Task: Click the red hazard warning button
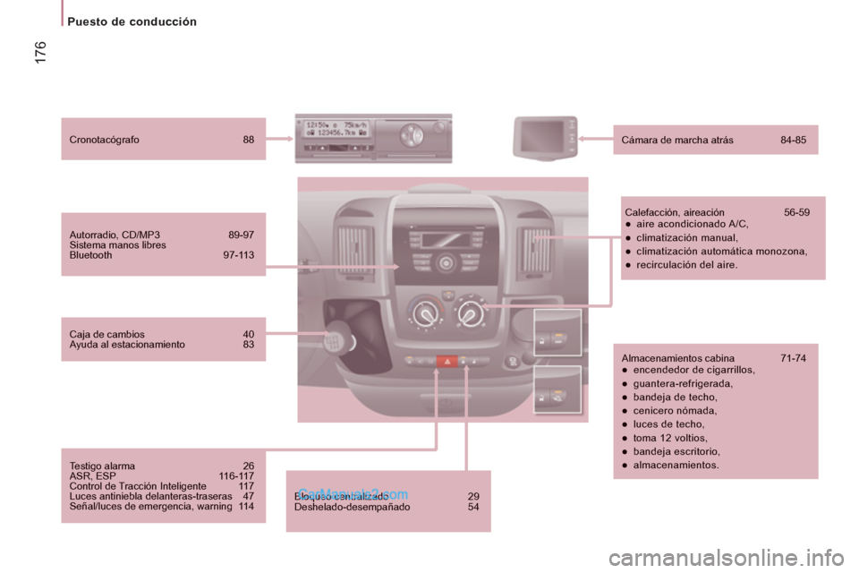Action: tap(446, 362)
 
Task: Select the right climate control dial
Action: tap(469, 312)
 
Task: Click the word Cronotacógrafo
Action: tap(104, 140)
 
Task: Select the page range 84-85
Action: tap(793, 140)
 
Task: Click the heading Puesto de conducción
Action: tap(132, 21)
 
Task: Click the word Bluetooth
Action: tap(90, 255)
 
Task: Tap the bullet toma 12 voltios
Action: tap(670, 438)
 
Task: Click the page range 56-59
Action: tap(796, 212)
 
